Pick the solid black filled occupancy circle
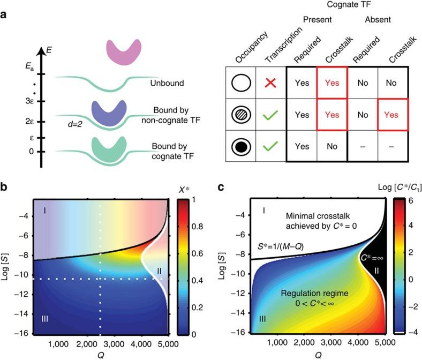tap(241, 145)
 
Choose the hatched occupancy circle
tap(241, 114)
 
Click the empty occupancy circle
tap(241, 84)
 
